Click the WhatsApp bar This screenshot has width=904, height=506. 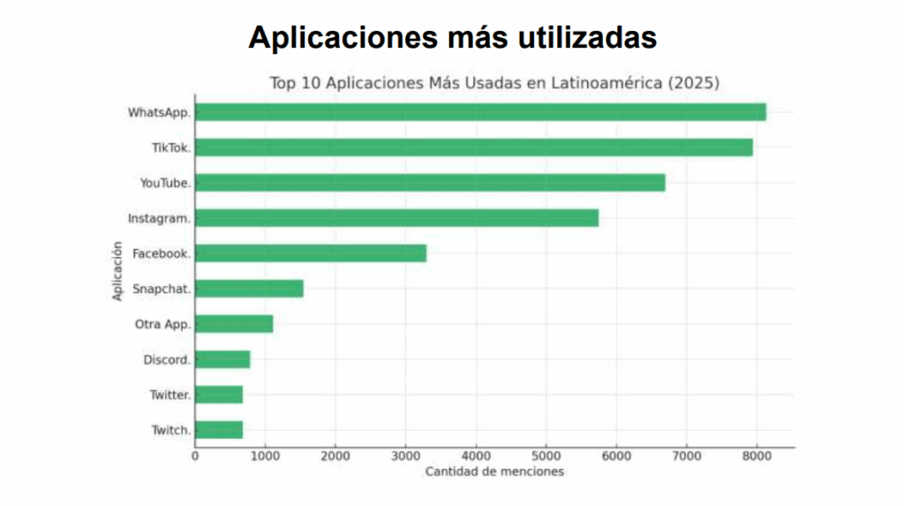(x=480, y=112)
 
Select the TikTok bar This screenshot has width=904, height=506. (x=474, y=147)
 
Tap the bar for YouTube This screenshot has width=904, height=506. (x=430, y=183)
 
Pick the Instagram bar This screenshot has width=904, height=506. (x=396, y=218)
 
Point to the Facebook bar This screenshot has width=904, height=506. (x=311, y=253)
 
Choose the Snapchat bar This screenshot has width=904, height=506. (x=249, y=289)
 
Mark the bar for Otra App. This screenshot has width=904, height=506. (x=234, y=324)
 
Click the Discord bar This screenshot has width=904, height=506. (x=222, y=359)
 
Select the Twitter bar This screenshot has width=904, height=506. (x=219, y=395)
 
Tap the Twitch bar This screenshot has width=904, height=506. (x=219, y=430)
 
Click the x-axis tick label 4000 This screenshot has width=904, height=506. (x=476, y=456)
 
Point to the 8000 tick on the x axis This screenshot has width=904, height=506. (x=756, y=456)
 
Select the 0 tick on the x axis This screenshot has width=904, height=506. (x=195, y=456)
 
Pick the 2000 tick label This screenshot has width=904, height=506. (x=335, y=456)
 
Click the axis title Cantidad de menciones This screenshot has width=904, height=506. (x=494, y=472)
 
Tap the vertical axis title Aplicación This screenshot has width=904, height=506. (x=117, y=272)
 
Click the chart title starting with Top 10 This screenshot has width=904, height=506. (x=494, y=84)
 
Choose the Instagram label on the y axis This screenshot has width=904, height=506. (x=159, y=218)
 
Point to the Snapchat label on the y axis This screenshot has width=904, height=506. (x=162, y=289)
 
